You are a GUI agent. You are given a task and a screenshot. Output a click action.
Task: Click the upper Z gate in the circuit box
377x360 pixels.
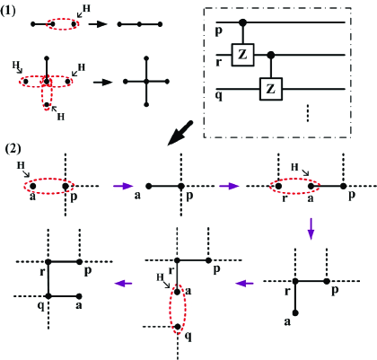pos(244,56)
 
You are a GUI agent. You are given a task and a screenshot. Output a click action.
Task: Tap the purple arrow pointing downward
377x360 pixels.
pos(311,233)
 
